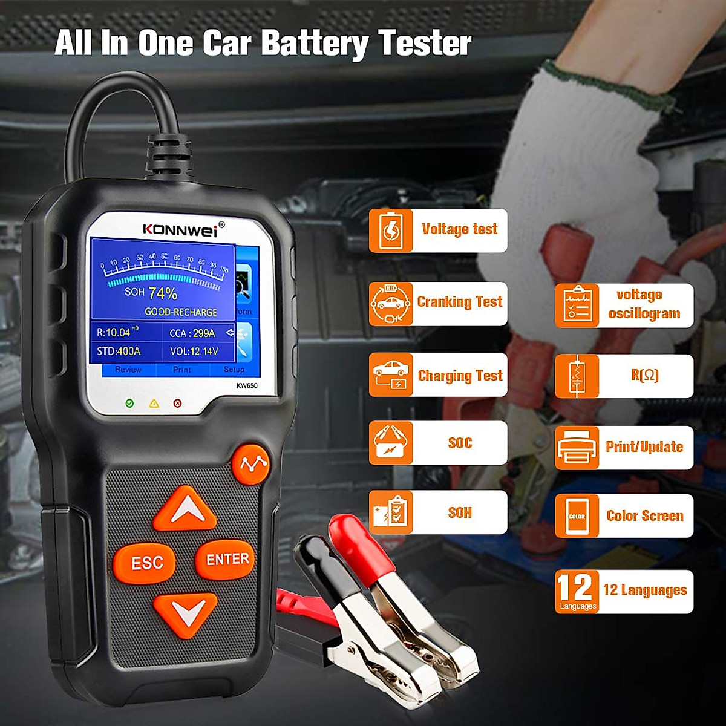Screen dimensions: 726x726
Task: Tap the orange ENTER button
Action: point(227,560)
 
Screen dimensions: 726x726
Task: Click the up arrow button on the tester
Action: point(185,510)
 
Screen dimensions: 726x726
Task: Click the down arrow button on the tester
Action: point(185,613)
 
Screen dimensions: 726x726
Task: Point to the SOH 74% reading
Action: point(151,293)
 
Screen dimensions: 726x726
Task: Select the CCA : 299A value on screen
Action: point(192,333)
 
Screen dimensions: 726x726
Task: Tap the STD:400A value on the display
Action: point(119,352)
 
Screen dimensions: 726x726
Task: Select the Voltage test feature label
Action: point(459,229)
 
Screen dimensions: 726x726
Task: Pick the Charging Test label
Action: point(460,376)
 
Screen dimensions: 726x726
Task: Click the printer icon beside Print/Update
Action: point(577,448)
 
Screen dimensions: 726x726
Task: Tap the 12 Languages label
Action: point(645,590)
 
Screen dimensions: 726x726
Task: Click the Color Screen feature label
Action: point(645,516)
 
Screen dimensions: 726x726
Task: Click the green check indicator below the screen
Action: point(129,403)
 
